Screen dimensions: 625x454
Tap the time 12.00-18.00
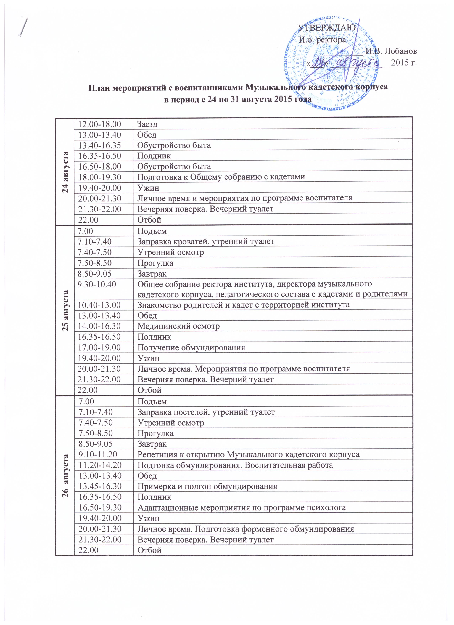click(x=100, y=124)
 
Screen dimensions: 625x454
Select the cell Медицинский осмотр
click(x=179, y=326)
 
